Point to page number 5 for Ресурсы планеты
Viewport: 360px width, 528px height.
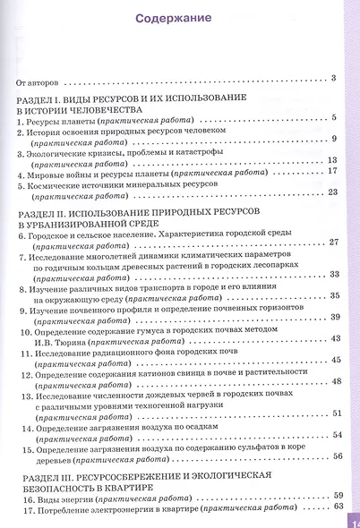pyautogui.click(x=333, y=118)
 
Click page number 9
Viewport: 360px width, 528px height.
pyautogui.click(x=333, y=139)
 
